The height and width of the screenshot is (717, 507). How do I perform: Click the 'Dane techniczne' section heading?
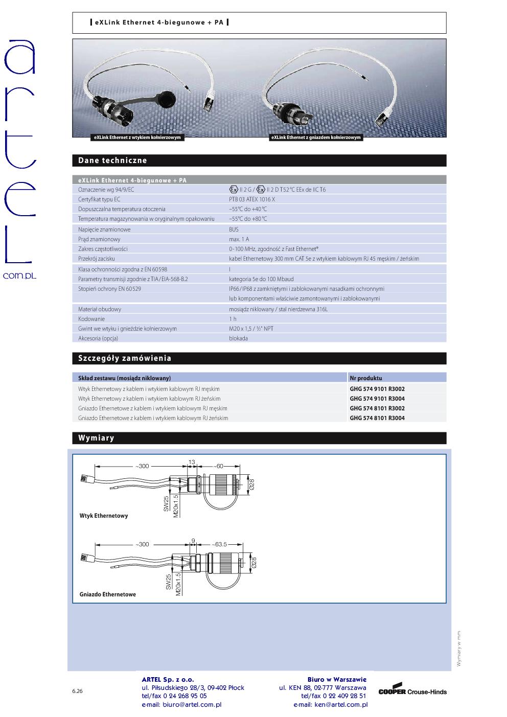click(112, 160)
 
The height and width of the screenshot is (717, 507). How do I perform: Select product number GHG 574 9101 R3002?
click(377, 389)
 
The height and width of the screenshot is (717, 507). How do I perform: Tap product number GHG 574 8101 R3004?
click(377, 418)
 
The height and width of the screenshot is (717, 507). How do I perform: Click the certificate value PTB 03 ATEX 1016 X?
click(252, 199)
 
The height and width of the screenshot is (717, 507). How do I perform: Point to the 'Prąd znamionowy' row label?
click(99, 239)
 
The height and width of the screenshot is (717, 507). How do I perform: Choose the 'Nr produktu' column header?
click(366, 378)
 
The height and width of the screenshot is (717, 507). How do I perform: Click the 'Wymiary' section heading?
click(96, 438)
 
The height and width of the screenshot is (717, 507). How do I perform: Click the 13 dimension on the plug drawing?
click(192, 462)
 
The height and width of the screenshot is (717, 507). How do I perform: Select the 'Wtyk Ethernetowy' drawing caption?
click(104, 516)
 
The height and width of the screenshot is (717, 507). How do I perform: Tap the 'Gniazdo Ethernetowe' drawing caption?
click(108, 595)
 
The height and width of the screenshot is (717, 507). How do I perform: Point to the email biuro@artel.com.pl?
click(181, 704)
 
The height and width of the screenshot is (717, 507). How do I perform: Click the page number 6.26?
click(77, 691)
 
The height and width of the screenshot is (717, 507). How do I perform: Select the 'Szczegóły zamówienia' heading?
click(125, 358)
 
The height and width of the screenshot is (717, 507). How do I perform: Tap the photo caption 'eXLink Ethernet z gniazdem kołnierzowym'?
click(316, 137)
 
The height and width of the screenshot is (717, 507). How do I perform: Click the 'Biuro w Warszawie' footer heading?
click(337, 679)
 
